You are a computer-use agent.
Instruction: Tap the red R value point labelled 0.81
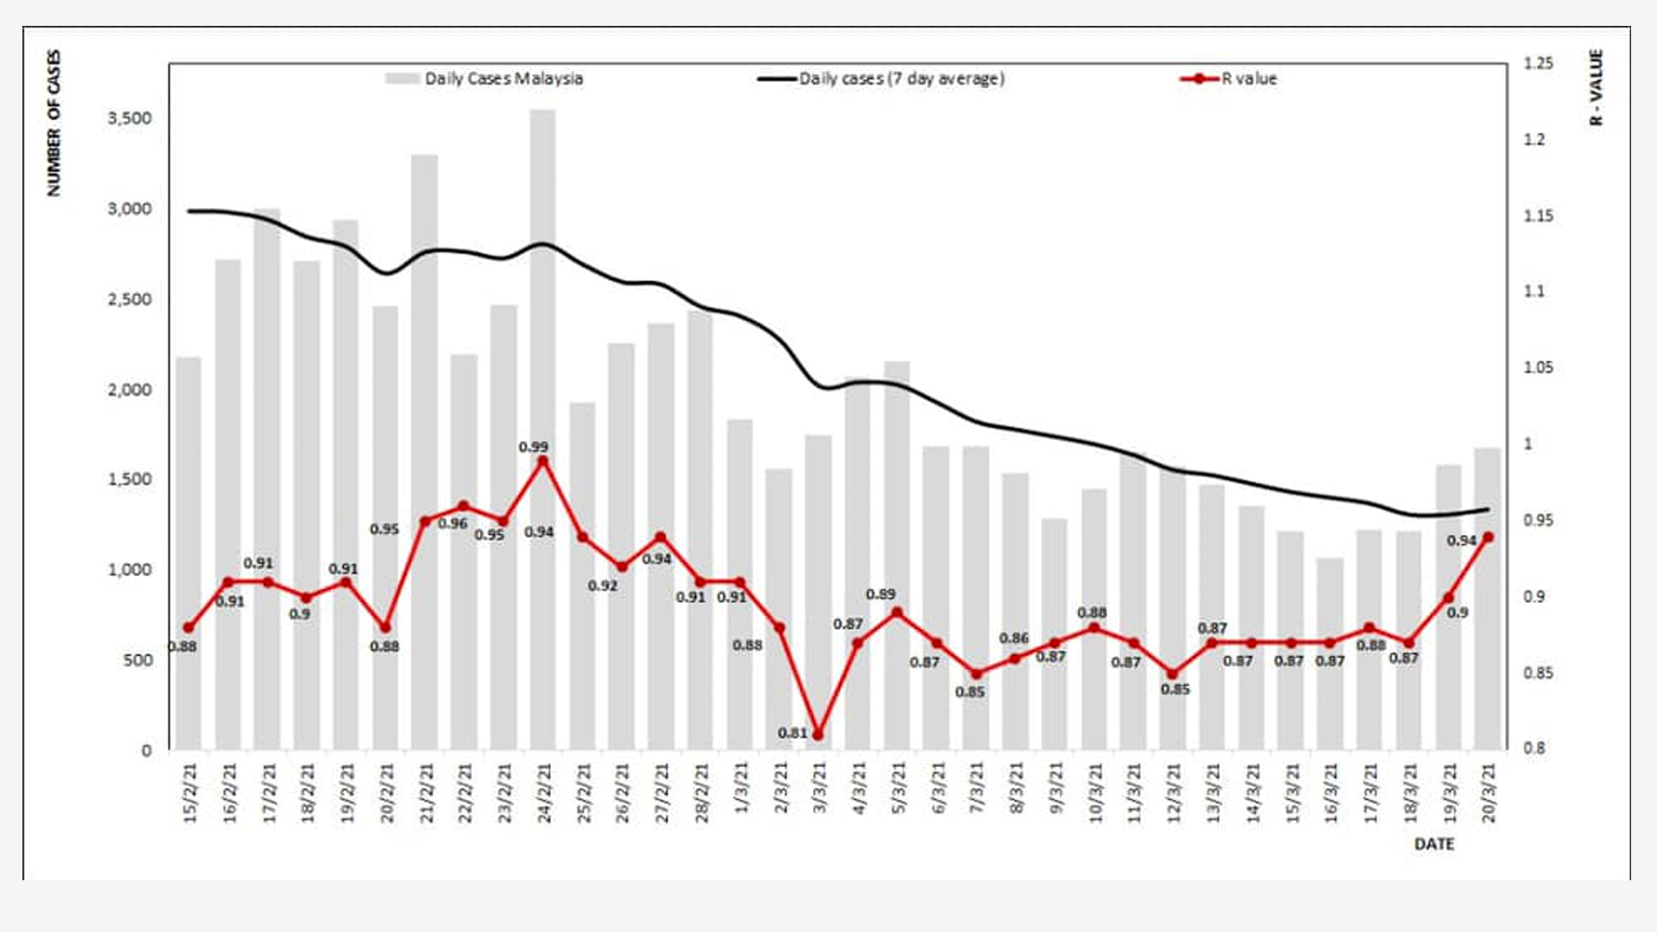(x=818, y=735)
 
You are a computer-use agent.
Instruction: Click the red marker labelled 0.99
(x=543, y=462)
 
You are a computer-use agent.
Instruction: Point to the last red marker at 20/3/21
(x=1488, y=537)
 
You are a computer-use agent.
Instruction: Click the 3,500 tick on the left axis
(x=129, y=118)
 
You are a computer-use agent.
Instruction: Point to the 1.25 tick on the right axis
(x=1538, y=63)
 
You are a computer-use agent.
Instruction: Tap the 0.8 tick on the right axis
(x=1534, y=748)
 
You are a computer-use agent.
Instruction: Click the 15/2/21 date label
(x=191, y=792)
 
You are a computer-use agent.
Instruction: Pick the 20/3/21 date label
(x=1490, y=792)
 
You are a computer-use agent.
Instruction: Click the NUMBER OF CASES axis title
(x=54, y=123)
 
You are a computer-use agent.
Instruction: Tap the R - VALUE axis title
(x=1596, y=87)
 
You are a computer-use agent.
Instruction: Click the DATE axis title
(x=1433, y=844)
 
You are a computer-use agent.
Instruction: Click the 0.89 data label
(x=880, y=595)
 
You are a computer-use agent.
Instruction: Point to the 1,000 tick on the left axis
(x=129, y=570)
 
